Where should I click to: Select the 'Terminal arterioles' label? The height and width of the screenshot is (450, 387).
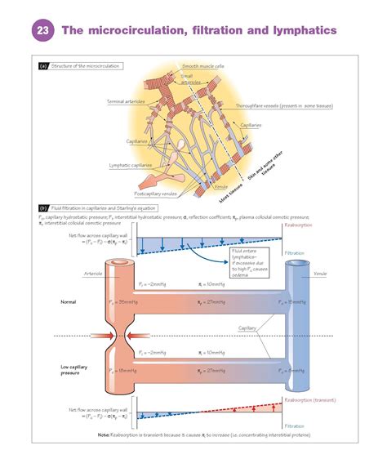pos(127,101)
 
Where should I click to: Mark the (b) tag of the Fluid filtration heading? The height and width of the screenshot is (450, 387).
pos(43,208)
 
